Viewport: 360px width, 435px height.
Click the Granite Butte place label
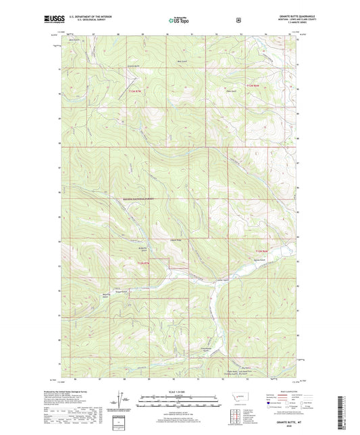(x=134, y=67)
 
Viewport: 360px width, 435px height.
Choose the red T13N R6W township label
(x=253, y=86)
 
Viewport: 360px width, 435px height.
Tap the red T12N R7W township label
(x=143, y=262)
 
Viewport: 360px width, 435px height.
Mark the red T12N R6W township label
(x=261, y=251)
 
